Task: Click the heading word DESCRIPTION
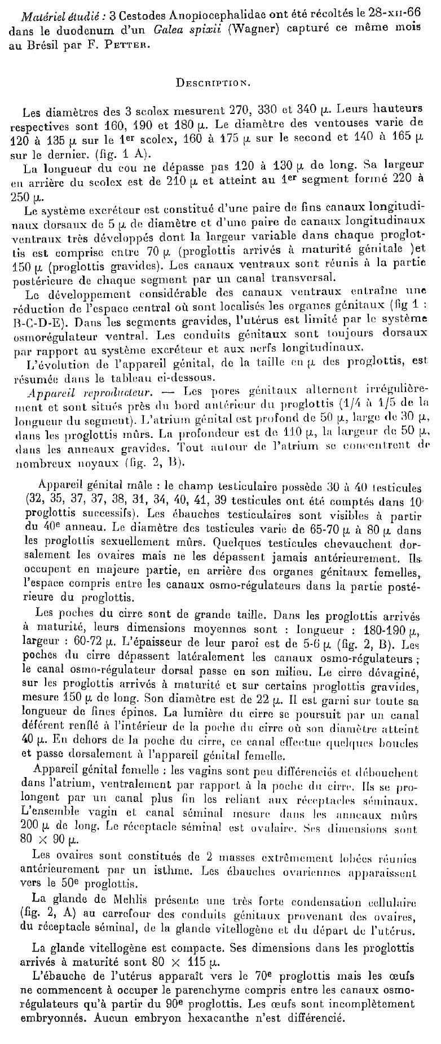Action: coord(210,82)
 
